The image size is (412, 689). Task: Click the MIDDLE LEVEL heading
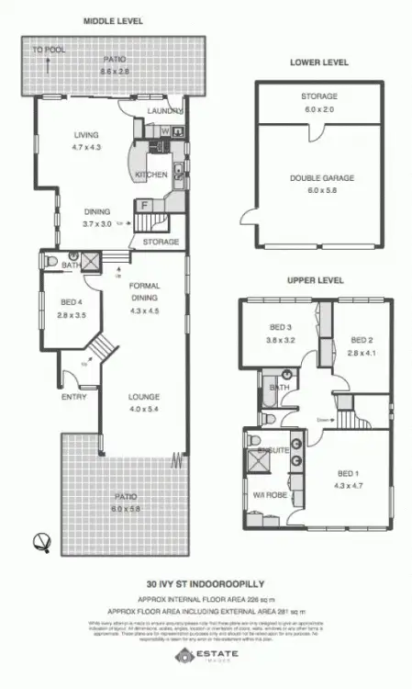(115, 20)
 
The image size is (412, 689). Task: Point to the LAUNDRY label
(165, 112)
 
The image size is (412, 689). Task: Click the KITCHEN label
(150, 174)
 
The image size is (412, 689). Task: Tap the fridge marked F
(144, 203)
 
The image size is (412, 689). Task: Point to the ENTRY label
(73, 397)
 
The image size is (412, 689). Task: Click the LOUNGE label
(147, 397)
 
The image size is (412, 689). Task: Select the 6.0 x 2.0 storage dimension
(319, 107)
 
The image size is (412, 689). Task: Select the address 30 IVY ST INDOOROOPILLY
(206, 582)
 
